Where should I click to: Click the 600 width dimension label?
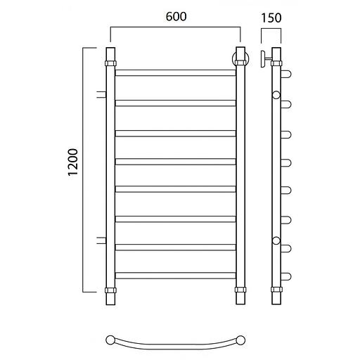[x=176, y=16]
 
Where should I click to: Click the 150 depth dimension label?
[x=271, y=18]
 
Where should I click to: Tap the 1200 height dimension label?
[x=73, y=162]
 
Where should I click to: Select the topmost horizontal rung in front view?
[x=176, y=72]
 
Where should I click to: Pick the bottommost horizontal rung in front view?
[x=176, y=276]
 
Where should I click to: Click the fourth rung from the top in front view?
[x=176, y=162]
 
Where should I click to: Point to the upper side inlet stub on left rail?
[x=101, y=94]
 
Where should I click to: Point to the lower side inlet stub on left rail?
[x=101, y=240]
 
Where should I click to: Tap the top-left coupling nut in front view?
[x=110, y=63]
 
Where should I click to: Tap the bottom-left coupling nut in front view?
[x=110, y=290]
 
